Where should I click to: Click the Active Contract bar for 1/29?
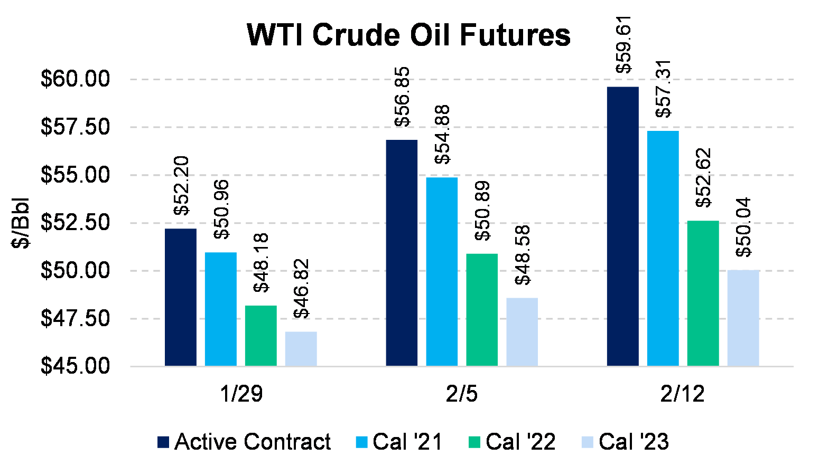[x=181, y=297]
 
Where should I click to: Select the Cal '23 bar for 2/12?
[x=743, y=318]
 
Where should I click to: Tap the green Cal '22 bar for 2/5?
[x=482, y=310]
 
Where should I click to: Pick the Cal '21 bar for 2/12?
[x=663, y=248]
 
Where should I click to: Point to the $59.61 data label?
[x=623, y=44]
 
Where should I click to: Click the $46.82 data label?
[x=302, y=289]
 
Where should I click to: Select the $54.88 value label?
[x=442, y=135]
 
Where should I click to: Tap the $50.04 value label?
[x=743, y=227]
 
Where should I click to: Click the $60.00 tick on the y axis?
[x=75, y=79]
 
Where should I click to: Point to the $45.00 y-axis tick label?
[x=75, y=366]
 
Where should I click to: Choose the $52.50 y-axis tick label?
[x=75, y=222]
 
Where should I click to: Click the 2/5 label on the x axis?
[x=462, y=394]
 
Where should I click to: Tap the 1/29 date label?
[x=241, y=394]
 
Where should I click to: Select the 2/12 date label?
[x=683, y=394]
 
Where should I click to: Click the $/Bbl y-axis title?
[x=21, y=223]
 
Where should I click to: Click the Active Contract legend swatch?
[x=163, y=442]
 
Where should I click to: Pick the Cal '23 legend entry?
[x=625, y=442]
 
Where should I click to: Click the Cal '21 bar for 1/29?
[x=221, y=309]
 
